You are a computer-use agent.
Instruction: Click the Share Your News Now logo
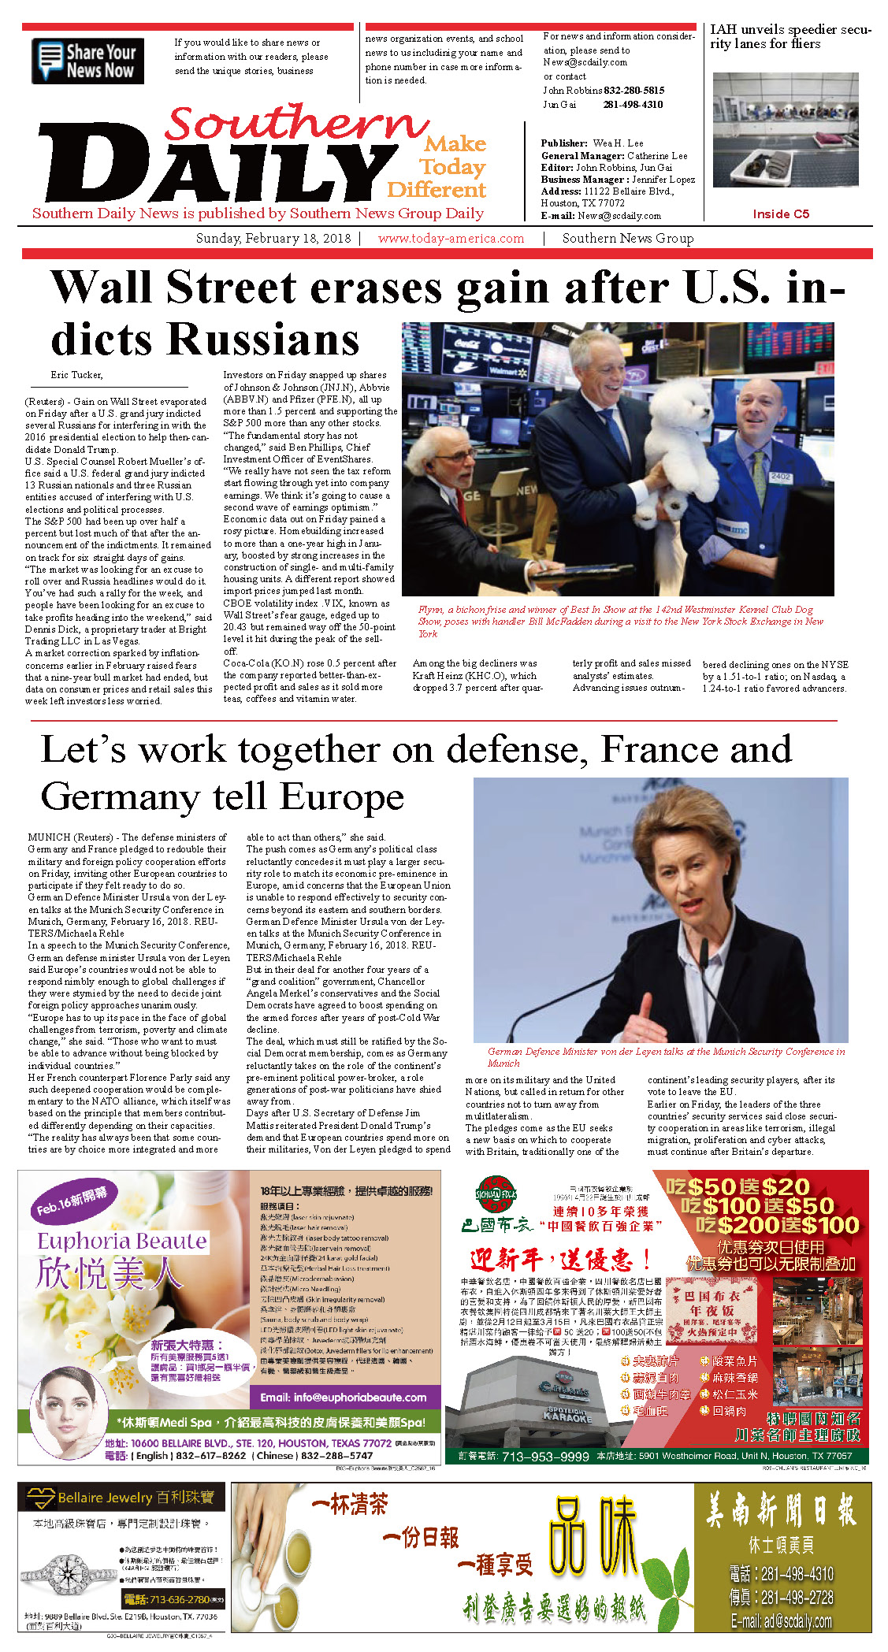pos(88,61)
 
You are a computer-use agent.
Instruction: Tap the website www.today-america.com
pos(451,238)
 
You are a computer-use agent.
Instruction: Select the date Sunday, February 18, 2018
pos(273,238)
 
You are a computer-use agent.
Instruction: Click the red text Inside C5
pos(780,213)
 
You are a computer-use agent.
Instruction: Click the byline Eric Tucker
pos(76,374)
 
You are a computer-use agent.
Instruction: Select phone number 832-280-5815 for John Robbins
pos(634,91)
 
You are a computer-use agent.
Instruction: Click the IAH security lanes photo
pos(785,130)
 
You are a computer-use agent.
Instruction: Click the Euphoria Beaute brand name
pos(122,1242)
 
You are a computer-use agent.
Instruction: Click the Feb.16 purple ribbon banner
pos(72,1201)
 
